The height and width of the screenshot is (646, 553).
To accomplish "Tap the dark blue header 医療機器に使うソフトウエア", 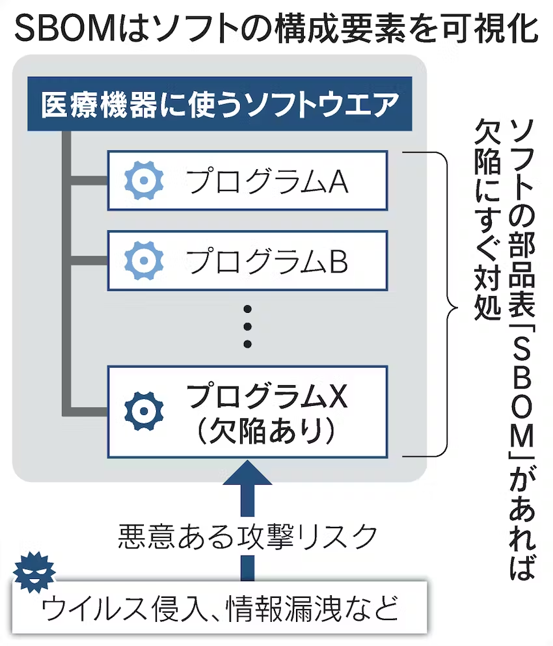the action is pyautogui.click(x=220, y=104).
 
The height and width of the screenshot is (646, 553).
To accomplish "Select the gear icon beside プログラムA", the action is pyautogui.click(x=144, y=180).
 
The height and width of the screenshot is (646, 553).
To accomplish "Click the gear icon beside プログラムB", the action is pyautogui.click(x=144, y=260).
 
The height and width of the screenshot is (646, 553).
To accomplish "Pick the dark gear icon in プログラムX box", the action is pyautogui.click(x=144, y=411).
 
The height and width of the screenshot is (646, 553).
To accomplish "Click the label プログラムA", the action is pyautogui.click(x=267, y=181).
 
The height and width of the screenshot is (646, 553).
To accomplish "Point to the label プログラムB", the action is pyautogui.click(x=267, y=261).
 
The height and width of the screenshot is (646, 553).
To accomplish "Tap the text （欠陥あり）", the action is pyautogui.click(x=266, y=431).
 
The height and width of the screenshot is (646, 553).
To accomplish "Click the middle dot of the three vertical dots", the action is pyautogui.click(x=247, y=327).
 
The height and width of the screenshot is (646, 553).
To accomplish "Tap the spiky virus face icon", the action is pyautogui.click(x=34, y=572).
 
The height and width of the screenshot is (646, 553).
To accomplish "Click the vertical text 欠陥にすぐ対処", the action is pyautogui.click(x=487, y=220).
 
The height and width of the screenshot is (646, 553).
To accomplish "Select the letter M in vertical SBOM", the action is pyautogui.click(x=522, y=437).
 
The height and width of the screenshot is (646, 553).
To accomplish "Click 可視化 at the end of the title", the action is pyautogui.click(x=494, y=28).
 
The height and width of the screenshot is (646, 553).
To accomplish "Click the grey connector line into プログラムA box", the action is pyautogui.click(x=89, y=180).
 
